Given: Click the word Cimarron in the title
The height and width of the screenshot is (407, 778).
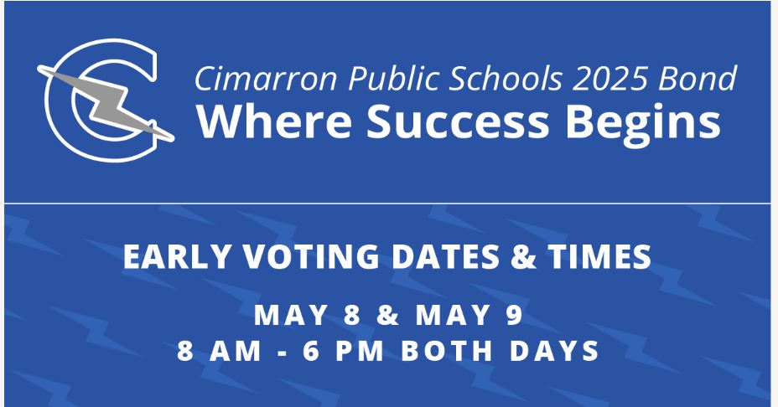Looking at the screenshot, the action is click(267, 79).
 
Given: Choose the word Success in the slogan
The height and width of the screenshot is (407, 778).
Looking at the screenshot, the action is click(458, 121).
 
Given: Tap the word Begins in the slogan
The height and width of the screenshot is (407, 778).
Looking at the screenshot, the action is click(642, 124).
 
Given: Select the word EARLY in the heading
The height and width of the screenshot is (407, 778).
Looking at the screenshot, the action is click(178, 256).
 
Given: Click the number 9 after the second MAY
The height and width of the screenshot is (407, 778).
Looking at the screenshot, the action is click(514, 315).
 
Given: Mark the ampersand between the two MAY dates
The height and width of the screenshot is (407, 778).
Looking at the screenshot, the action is click(387, 315).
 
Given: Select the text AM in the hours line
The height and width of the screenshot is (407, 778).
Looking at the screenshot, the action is click(236, 351).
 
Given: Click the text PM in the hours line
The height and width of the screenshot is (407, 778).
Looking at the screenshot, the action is click(359, 351).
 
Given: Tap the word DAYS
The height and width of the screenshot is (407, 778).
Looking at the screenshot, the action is click(554, 351).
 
